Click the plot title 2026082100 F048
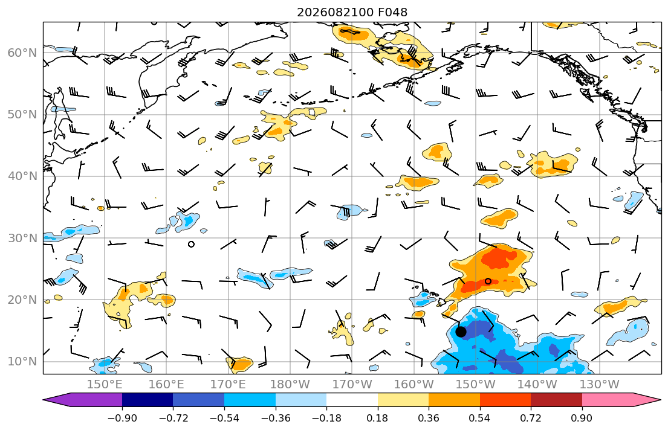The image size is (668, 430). (x=352, y=12)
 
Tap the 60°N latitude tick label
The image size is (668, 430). (x=22, y=53)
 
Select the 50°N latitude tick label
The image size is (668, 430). (x=22, y=115)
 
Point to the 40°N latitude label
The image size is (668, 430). (x=22, y=176)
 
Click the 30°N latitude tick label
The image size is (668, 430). (x=22, y=238)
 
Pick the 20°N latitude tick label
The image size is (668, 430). (x=22, y=300)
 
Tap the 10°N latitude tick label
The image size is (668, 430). (x=22, y=362)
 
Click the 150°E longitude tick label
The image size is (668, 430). (x=105, y=385)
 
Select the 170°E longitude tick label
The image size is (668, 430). (x=229, y=385)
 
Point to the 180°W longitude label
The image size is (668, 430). (x=290, y=385)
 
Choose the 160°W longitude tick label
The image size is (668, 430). (x=414, y=385)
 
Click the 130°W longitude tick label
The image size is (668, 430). (x=600, y=385)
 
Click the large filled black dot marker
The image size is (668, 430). (x=461, y=332)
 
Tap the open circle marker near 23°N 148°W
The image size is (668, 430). (x=488, y=281)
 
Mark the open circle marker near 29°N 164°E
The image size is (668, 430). (x=191, y=244)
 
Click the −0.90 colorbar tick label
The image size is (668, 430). (x=122, y=418)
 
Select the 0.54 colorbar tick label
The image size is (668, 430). (x=480, y=418)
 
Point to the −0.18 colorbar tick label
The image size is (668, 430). (x=327, y=418)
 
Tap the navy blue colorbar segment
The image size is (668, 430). (x=148, y=400)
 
